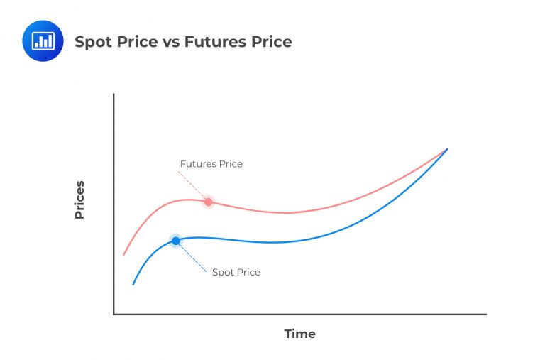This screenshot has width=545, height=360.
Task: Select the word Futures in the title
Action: point(214,42)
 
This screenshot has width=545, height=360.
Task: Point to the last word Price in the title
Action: point(270,42)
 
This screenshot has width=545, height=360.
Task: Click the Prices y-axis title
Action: point(79,200)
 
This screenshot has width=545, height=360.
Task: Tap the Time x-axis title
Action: point(299,334)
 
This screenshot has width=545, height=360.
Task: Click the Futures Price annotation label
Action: point(211,164)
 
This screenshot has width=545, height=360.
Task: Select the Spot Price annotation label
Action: point(236,272)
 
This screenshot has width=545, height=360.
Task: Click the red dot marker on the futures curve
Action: point(208,202)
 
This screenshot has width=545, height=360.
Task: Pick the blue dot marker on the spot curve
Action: point(176,241)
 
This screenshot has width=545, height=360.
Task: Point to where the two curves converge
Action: point(446,149)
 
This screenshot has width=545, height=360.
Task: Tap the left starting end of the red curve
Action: point(124,254)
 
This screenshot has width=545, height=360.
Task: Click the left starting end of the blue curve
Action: point(133,284)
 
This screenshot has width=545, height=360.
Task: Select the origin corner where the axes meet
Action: point(114,314)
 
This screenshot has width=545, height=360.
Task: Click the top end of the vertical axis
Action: point(114,94)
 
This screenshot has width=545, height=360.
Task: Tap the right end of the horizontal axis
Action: point(485,314)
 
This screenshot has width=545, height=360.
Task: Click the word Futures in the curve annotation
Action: point(197,164)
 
